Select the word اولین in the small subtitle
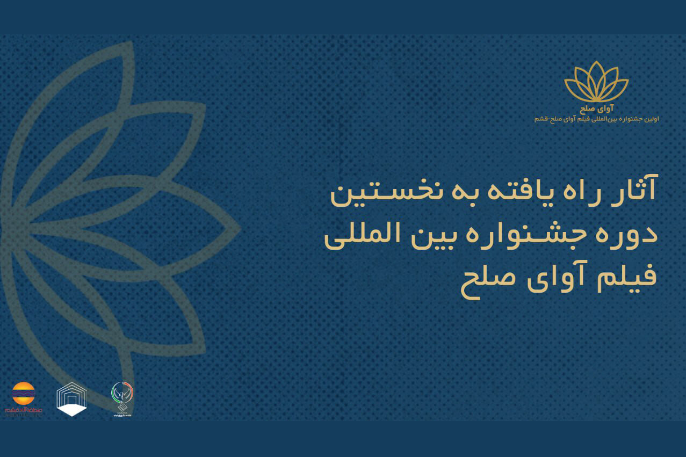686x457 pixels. (649, 118)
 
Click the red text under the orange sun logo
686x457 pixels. (23, 410)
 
